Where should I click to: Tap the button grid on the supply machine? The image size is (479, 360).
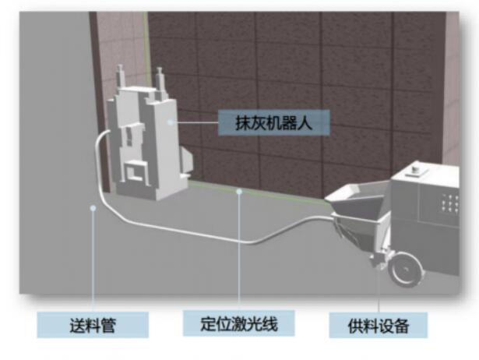(450, 204)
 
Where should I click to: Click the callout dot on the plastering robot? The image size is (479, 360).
(170, 122)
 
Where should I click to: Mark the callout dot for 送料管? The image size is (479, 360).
(93, 207)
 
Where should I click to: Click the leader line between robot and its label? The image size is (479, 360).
(195, 122)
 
